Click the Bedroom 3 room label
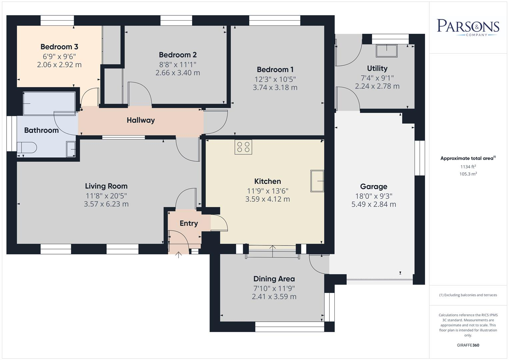click(59, 47)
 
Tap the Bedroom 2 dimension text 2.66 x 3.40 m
click(178, 73)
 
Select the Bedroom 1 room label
click(275, 69)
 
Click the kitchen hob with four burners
click(243, 147)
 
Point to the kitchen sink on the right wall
click(317, 181)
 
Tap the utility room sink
click(387, 51)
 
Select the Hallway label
click(141, 120)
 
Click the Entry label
click(189, 223)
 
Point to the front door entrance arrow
click(179, 255)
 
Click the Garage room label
click(374, 186)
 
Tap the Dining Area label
click(274, 279)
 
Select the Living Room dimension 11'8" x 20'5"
click(106, 196)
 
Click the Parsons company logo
click(468, 27)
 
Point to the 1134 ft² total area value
click(468, 167)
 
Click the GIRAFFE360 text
click(468, 345)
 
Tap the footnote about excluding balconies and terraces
click(468, 295)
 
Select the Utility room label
click(377, 68)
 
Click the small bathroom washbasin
click(71, 149)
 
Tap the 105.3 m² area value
click(468, 174)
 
